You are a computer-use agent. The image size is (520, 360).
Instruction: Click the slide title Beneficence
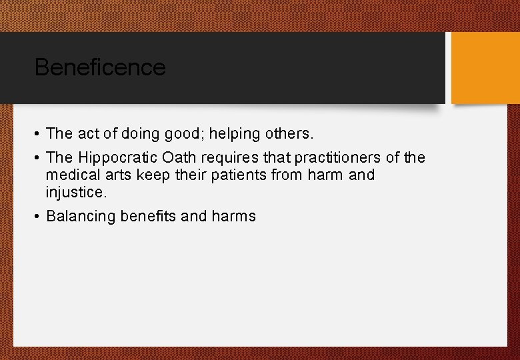[x=99, y=67]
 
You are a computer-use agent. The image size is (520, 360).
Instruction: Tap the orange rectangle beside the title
[x=485, y=68]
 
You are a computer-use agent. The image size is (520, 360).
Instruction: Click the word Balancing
[x=81, y=217]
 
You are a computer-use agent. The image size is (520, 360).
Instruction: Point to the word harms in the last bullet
[x=233, y=217]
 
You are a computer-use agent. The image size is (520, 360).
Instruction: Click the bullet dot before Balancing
[x=37, y=217]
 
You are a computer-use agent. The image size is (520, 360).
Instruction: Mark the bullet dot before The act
[x=37, y=134]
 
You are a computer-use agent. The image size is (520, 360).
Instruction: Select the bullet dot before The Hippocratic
[x=37, y=158]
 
